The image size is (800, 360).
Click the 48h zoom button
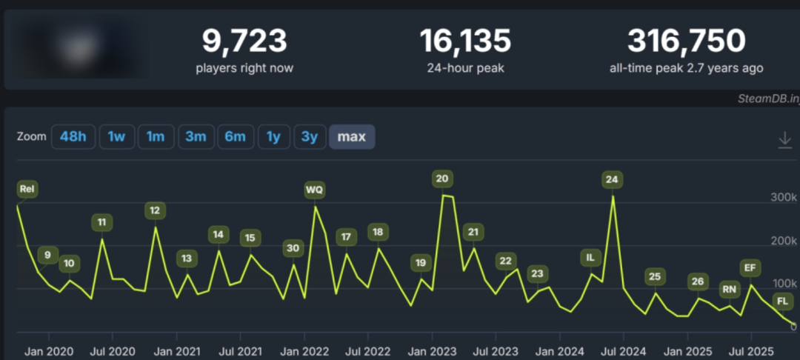point(73,136)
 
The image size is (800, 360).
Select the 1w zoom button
point(116,136)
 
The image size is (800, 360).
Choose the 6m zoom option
point(235,136)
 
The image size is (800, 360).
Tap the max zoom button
point(352,136)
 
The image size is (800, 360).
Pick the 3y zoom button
point(310,136)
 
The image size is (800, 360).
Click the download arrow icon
point(785,139)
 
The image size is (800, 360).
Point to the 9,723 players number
point(244,41)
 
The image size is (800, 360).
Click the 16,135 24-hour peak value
point(465,41)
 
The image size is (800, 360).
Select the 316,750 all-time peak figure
point(686,41)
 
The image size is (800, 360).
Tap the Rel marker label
point(27,190)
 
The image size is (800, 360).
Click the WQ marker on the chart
point(315,190)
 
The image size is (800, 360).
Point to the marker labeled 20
point(443,179)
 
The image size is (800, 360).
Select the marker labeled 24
point(612,179)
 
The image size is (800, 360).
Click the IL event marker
point(590,258)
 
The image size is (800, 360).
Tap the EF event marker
point(750,267)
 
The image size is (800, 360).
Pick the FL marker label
point(782,301)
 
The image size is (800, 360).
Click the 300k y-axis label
point(782,198)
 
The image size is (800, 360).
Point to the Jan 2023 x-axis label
point(433,350)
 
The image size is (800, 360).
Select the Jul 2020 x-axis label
point(113,350)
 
